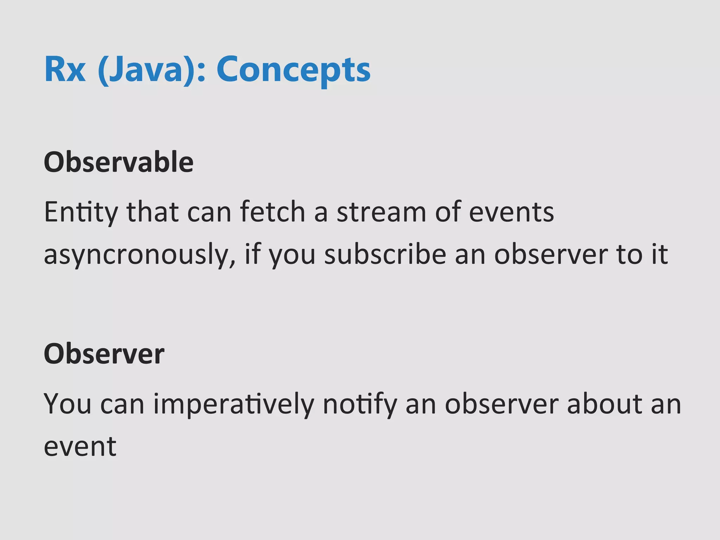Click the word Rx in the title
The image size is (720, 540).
[x=65, y=70]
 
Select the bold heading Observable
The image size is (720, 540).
[x=118, y=162]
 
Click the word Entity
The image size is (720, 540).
[x=81, y=213]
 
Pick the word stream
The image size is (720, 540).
[x=381, y=213]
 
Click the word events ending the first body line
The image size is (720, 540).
[x=512, y=213]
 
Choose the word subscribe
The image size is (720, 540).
[x=385, y=255]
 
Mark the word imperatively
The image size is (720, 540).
[x=234, y=405]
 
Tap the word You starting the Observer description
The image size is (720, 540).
[x=67, y=404]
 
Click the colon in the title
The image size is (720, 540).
[x=201, y=72]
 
